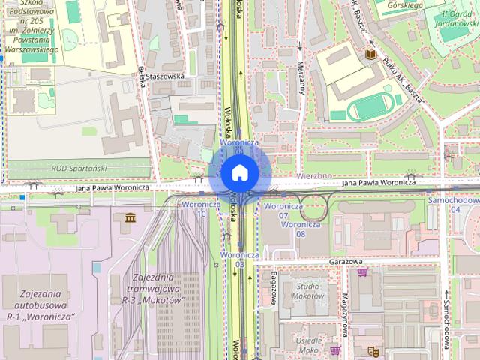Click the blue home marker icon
pos(239,172)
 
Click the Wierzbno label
pos(313,175)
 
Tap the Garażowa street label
pos(345,262)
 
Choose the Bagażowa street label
pos(274,286)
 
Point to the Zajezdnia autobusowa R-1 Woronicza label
pos(36,305)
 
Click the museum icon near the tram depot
pos(130,218)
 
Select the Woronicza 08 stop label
pos(300,229)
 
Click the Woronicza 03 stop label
pos(239,259)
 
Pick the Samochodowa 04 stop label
pos(452,205)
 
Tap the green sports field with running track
pos(373,106)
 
